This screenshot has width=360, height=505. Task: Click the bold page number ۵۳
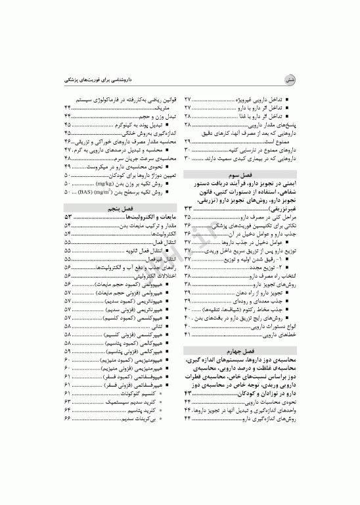pos(68,216)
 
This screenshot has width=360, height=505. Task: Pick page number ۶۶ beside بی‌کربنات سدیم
pos(68,418)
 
